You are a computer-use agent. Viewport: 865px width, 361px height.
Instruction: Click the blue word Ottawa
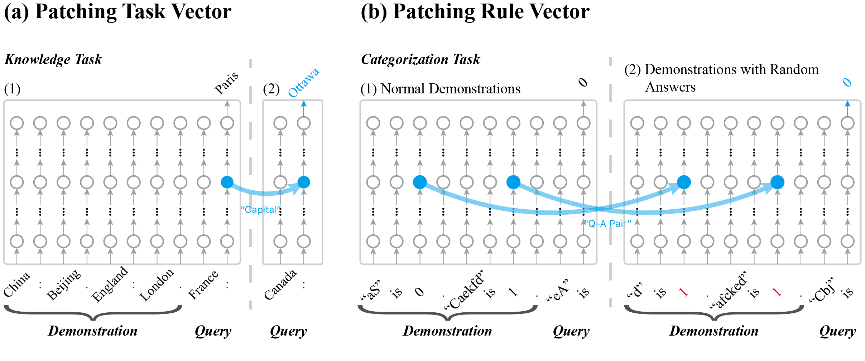(304, 82)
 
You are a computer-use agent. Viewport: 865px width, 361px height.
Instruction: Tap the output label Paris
(226, 83)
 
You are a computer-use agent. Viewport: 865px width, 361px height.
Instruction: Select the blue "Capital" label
(260, 210)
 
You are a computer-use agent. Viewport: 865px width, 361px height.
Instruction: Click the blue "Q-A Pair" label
(608, 224)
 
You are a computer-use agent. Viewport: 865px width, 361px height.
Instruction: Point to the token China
(17, 284)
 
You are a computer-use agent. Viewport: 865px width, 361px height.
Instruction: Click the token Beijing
(64, 285)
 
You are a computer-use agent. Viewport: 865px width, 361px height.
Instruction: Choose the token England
(110, 284)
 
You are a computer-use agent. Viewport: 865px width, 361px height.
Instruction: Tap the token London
(157, 285)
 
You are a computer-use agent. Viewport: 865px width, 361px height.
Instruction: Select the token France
(203, 285)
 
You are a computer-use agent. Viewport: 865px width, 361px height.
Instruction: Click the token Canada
(280, 285)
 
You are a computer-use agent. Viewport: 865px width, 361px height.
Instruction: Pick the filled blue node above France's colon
(227, 182)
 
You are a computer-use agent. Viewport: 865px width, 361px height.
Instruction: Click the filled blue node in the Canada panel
(304, 182)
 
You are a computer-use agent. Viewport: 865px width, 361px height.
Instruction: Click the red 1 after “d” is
(683, 292)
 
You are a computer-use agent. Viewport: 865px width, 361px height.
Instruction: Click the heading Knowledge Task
(53, 59)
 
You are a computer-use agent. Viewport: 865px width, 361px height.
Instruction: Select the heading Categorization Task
(420, 59)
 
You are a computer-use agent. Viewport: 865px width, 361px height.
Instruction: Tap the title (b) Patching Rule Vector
(475, 11)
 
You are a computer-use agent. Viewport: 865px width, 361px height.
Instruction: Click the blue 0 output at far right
(847, 83)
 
